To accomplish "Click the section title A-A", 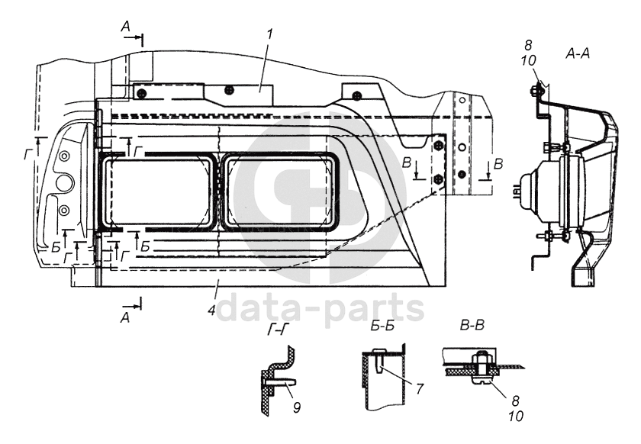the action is click(x=578, y=53).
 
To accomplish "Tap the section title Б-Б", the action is click(x=382, y=327).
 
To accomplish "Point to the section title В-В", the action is click(x=472, y=326).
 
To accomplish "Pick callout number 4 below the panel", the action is click(x=211, y=310).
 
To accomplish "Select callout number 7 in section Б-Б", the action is click(x=420, y=389).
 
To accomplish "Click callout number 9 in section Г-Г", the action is click(x=297, y=407).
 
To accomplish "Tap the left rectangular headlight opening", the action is click(x=159, y=191).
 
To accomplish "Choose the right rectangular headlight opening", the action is click(x=279, y=191).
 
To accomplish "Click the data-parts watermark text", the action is click(x=320, y=309).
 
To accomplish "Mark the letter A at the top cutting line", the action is click(x=125, y=27).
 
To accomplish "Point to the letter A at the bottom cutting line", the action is click(x=125, y=317).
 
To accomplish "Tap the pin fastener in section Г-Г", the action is click(x=281, y=381).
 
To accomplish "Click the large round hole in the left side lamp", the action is click(x=65, y=184).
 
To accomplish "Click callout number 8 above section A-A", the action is click(x=528, y=45).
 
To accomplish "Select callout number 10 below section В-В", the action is click(x=516, y=417).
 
